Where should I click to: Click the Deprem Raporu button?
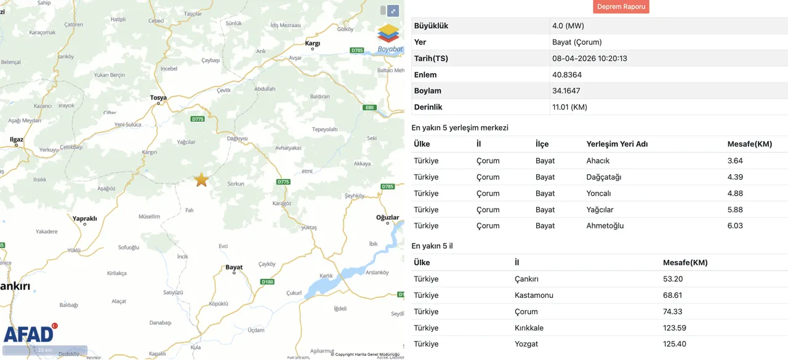621,7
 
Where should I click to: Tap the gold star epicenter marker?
201,180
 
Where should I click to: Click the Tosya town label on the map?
158,98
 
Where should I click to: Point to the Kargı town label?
313,44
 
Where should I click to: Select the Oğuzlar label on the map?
388,217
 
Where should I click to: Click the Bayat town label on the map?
234,268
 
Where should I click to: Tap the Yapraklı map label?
85,218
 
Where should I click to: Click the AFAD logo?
30,334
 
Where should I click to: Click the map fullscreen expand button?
393,10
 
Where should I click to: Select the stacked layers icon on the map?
388,34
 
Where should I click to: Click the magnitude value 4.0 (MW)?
568,26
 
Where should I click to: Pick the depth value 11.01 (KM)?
569,107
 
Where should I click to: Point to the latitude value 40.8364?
566,74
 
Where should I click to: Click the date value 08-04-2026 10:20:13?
589,58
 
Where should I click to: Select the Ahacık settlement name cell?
598,161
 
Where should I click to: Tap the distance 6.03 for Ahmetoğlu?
735,226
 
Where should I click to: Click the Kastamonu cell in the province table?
534,295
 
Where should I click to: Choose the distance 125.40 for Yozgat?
674,344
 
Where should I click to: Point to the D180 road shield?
267,282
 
